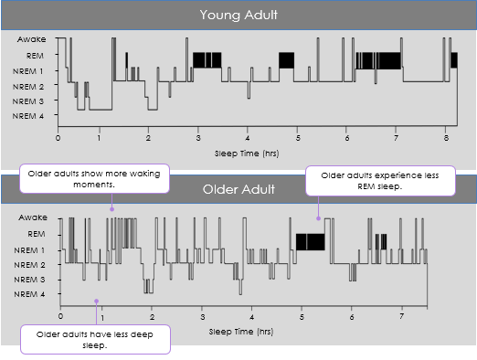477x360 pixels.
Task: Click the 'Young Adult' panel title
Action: tap(238, 16)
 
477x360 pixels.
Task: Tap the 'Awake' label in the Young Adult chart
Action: tap(31, 40)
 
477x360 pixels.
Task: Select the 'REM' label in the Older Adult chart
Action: tap(37, 234)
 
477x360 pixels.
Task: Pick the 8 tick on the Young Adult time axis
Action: tap(444, 139)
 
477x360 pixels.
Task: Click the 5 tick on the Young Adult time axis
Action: tap(299, 139)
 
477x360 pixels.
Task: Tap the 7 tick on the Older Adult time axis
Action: tap(401, 315)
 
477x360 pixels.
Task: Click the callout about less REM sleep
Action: tap(380, 180)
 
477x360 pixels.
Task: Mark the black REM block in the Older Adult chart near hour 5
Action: tap(310, 241)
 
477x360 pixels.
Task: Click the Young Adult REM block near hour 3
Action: tap(207, 60)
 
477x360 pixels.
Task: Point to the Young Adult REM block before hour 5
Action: tap(286, 60)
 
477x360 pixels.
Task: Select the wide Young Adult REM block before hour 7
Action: tap(377, 60)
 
